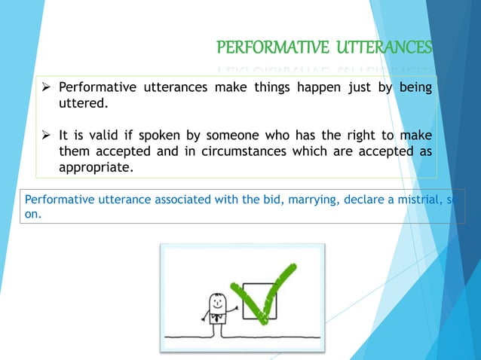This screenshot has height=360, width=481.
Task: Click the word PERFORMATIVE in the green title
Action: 263,49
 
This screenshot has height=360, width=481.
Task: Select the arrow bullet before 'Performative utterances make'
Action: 46,87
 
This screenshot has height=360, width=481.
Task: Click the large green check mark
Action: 264,290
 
